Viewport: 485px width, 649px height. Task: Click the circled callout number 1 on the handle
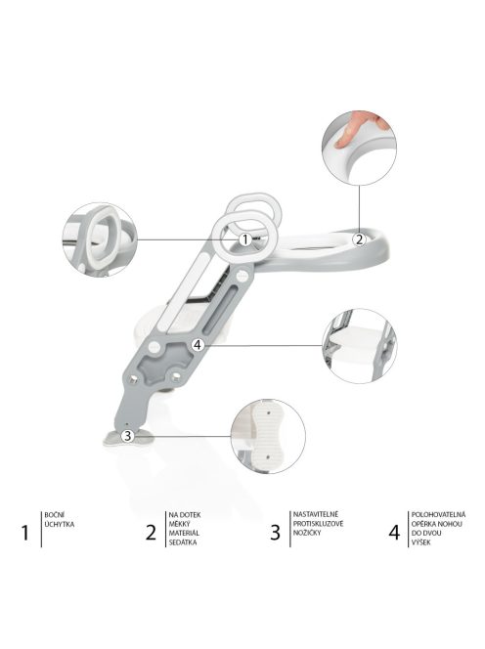pos(244,238)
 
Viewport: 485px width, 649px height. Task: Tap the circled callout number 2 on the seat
pos(358,238)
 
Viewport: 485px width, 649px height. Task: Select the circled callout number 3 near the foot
pos(127,436)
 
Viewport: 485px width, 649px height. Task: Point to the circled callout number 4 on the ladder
pos(198,344)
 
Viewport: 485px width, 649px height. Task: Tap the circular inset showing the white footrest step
pos(360,344)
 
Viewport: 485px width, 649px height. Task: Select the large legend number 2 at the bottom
pos(150,532)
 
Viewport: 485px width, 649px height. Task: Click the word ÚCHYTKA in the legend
pos(60,524)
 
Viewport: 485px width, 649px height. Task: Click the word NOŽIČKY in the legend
pos(308,533)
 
